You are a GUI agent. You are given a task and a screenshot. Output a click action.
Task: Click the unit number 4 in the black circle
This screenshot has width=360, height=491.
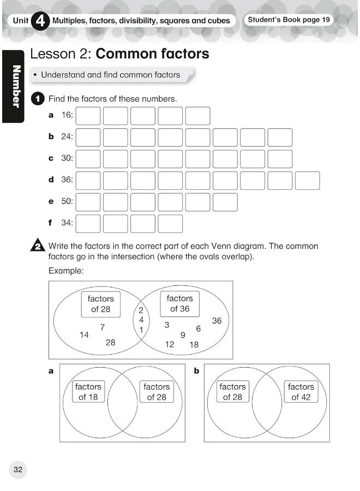coord(40,21)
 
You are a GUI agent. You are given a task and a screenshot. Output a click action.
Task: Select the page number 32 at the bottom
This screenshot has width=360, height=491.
coord(17,469)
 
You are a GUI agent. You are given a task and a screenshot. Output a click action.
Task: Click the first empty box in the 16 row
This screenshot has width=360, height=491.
coord(88,116)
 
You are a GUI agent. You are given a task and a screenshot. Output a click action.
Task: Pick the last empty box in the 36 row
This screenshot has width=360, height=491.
coord(307,180)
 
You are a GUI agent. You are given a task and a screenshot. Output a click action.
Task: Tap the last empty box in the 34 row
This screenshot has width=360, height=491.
coord(170,223)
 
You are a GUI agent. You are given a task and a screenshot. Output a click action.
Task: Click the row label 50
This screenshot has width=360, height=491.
coord(67,201)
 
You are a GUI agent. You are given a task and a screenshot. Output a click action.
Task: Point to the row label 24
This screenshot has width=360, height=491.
coord(67,137)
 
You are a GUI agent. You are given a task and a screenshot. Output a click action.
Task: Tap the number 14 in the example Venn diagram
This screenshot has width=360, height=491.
coord(84,335)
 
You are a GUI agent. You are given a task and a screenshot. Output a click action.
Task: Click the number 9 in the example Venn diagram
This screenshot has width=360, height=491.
coord(183,335)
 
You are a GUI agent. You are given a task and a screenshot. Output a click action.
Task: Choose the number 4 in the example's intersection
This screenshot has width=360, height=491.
coord(141,320)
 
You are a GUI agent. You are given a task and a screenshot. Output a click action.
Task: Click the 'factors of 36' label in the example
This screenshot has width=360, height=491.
coord(179,303)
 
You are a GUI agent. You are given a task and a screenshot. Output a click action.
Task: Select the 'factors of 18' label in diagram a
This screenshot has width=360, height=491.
coord(88,392)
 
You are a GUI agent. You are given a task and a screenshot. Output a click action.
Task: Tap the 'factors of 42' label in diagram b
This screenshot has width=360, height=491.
coord(301,392)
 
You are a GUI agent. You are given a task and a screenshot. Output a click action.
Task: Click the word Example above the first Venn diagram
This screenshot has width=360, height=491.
coord(65,271)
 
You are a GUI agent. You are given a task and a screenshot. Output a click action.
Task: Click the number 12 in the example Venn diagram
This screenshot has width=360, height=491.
coord(170,344)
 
